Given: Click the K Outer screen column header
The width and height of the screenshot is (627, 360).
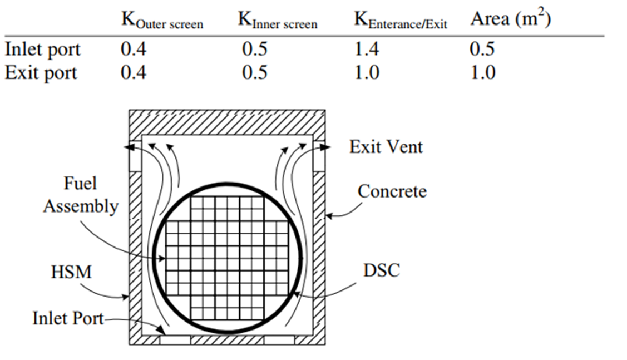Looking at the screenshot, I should tap(162, 22).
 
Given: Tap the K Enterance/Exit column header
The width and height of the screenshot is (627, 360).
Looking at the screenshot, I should tap(401, 22).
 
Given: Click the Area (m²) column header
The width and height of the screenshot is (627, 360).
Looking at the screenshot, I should tap(510, 19).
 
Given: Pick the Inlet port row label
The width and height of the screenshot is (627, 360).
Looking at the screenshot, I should tap(42, 50).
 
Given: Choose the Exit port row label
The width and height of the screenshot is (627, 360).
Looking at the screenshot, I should tap(41, 73).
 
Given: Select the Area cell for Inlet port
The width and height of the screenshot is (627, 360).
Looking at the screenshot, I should tap(482, 50).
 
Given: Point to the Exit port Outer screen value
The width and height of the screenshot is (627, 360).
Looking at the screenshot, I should tap(134, 73).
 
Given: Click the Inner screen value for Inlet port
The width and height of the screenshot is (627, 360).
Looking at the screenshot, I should tap(254, 50).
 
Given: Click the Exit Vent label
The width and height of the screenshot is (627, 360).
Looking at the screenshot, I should tap(386, 147).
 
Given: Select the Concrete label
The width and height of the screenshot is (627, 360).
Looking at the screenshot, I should tap(392, 191).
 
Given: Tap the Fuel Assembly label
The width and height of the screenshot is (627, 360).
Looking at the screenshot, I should tap(81, 195).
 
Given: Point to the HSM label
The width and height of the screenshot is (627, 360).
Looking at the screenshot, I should tap(71, 273).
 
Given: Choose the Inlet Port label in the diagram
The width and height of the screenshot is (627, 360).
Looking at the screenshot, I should tap(68, 319).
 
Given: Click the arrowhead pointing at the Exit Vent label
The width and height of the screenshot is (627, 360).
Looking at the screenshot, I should tap(327, 147).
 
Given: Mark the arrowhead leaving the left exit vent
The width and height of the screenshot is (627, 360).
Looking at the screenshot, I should tap(127, 147).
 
